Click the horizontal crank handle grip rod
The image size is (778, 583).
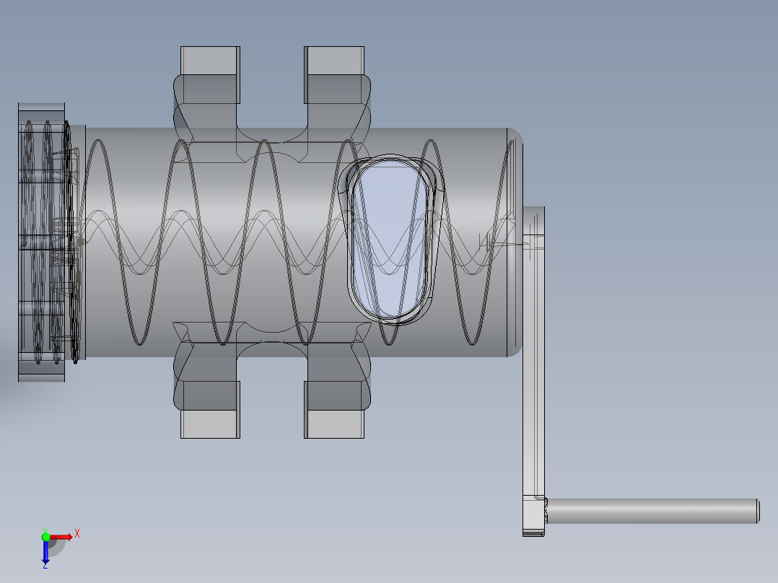point(650,510)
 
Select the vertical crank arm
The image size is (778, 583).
point(533,361)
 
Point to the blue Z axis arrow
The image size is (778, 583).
point(45,553)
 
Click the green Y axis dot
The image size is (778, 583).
point(45,536)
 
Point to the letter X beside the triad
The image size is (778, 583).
point(77,533)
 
